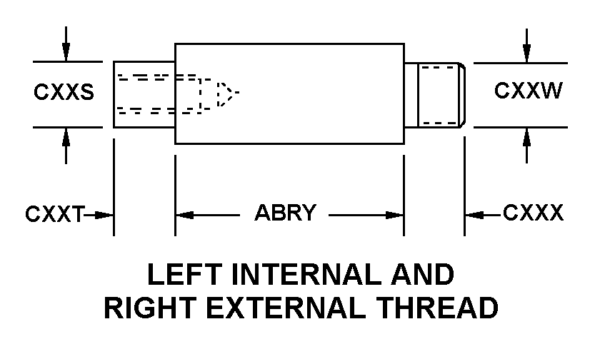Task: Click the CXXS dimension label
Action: click(64, 92)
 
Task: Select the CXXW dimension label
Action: click(528, 91)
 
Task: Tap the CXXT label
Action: click(55, 213)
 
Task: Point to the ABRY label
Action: click(286, 213)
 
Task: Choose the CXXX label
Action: click(533, 213)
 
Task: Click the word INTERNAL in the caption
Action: click(307, 274)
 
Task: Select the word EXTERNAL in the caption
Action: click(286, 308)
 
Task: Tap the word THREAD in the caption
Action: click(436, 308)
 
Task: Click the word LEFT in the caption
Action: click(184, 274)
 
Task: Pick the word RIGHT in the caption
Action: click(150, 308)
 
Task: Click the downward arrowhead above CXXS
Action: click(66, 52)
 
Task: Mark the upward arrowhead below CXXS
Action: click(66, 137)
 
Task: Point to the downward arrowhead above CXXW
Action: click(527, 54)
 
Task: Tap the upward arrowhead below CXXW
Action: click(527, 137)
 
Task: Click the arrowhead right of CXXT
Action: click(104, 216)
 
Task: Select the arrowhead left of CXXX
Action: click(474, 216)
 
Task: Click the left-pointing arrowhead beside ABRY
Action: click(185, 216)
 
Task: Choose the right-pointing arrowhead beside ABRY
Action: click(394, 216)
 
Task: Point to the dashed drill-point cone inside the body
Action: click(228, 93)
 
